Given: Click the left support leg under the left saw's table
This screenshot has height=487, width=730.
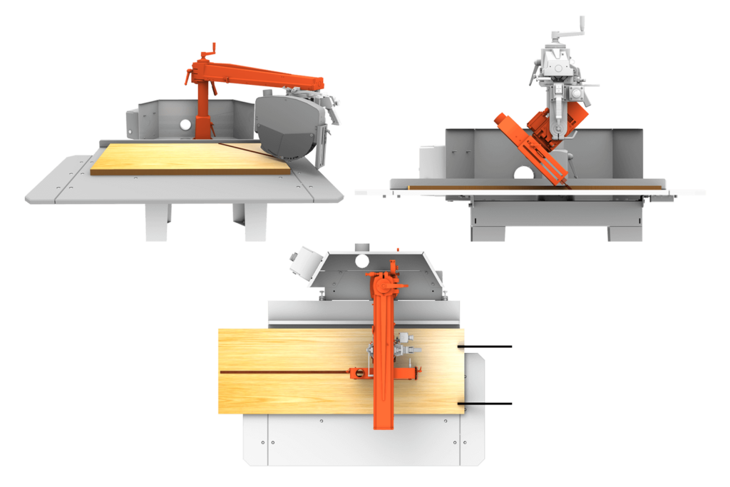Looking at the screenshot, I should pos(157,222).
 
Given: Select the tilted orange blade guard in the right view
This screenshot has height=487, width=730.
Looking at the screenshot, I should pos(532,146).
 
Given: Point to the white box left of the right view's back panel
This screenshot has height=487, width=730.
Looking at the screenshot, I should pos(431,160).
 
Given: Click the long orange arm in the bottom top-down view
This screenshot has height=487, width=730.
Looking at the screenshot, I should pos(382,357).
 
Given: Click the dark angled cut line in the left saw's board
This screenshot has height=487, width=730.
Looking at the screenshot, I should pos(242,148).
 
